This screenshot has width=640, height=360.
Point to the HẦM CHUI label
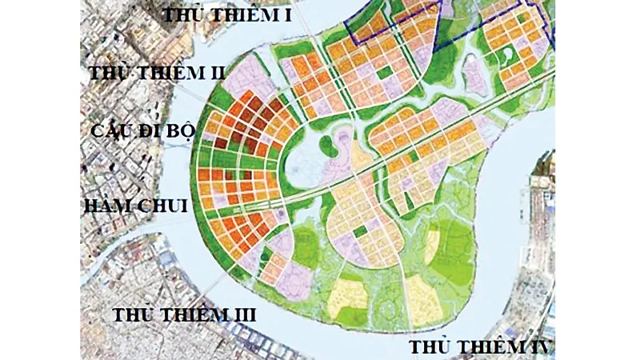click(135, 206)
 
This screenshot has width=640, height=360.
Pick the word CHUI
click(164, 206)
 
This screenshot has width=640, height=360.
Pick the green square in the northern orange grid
click(386, 74)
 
